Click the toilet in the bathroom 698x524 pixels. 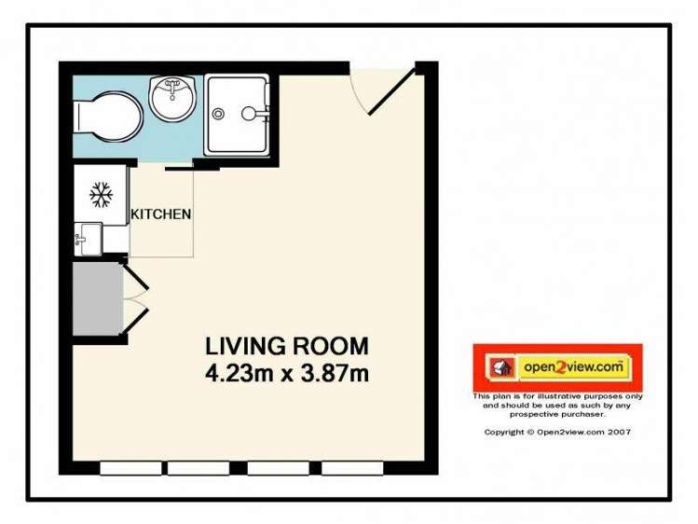coord(107,117)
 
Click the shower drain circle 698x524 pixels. coord(218,115)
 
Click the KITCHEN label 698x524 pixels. coord(161,214)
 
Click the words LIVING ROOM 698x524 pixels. coord(287,346)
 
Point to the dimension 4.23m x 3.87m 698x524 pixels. coord(287,375)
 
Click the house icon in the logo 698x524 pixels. coord(498,368)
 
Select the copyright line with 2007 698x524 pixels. coord(557,432)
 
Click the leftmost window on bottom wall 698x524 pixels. coord(130,468)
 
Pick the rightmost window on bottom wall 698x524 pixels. coord(352,468)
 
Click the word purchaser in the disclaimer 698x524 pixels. coord(584,414)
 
